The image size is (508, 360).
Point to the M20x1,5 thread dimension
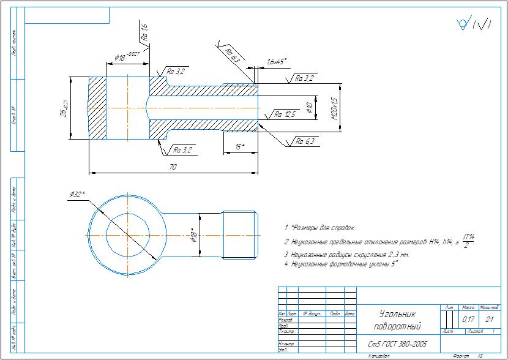334,108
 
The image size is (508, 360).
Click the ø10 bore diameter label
310,107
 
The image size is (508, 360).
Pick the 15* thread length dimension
239,146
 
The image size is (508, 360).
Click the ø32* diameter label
77,195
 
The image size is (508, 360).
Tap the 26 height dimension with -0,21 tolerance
64,108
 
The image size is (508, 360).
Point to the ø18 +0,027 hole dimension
125,57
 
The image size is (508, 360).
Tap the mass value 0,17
468,320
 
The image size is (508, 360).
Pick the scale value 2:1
489,320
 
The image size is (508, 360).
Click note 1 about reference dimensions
319,228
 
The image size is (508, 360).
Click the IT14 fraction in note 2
469,240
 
